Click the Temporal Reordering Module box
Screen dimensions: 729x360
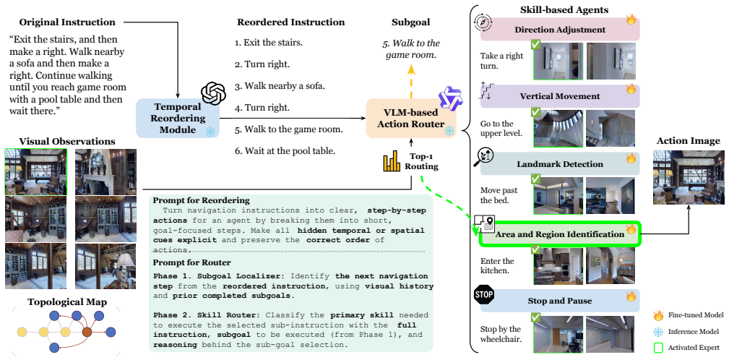pyautogui.click(x=178, y=118)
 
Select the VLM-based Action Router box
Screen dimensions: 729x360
pyautogui.click(x=411, y=118)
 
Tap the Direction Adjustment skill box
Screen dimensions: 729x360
pyautogui.click(x=560, y=30)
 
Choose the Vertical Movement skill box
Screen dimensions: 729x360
pyautogui.click(x=560, y=96)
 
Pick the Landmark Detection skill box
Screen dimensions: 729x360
pyautogui.click(x=560, y=164)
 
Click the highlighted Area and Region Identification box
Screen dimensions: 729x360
pyautogui.click(x=560, y=234)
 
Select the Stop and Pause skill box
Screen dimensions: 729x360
pyautogui.click(x=560, y=301)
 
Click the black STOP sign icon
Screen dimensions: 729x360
pyautogui.click(x=483, y=294)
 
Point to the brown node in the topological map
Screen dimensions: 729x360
pyautogui.click(x=87, y=332)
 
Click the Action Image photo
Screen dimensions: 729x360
pyautogui.click(x=689, y=177)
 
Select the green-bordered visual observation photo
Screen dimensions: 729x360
pyautogui.click(x=36, y=171)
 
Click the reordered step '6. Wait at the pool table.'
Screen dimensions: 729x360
pyautogui.click(x=285, y=150)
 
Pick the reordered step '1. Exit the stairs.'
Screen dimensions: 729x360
pyautogui.click(x=269, y=43)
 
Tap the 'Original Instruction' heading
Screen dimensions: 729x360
pyautogui.click(x=67, y=22)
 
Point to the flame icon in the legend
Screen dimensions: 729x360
pyautogui.click(x=658, y=316)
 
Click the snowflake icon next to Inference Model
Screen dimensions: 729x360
pyautogui.click(x=658, y=332)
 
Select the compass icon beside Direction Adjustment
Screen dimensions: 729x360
pyautogui.click(x=483, y=23)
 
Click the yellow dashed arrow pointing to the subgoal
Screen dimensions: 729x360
pyautogui.click(x=411, y=82)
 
